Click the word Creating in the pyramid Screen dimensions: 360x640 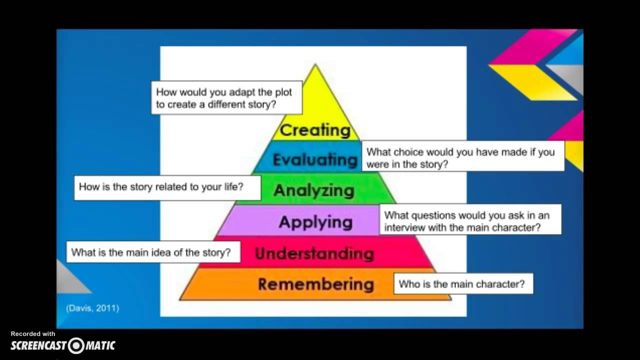(315, 130)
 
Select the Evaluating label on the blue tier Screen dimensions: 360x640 (315, 159)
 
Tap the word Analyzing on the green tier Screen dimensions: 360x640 (314, 190)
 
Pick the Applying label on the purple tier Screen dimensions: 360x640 (315, 221)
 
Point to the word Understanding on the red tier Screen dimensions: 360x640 (314, 253)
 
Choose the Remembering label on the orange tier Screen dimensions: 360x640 (315, 284)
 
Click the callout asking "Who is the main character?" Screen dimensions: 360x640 (463, 284)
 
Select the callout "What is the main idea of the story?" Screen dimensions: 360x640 (152, 252)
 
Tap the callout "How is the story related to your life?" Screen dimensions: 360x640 (167, 187)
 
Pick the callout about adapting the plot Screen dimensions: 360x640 (226, 98)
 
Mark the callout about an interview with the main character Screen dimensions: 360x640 (469, 221)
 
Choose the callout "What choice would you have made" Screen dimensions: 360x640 (462, 157)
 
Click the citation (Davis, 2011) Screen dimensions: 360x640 (92, 308)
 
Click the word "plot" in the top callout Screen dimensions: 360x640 (282, 92)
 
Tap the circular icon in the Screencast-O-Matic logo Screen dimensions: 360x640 (76, 345)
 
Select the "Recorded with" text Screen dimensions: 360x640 (33, 333)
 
